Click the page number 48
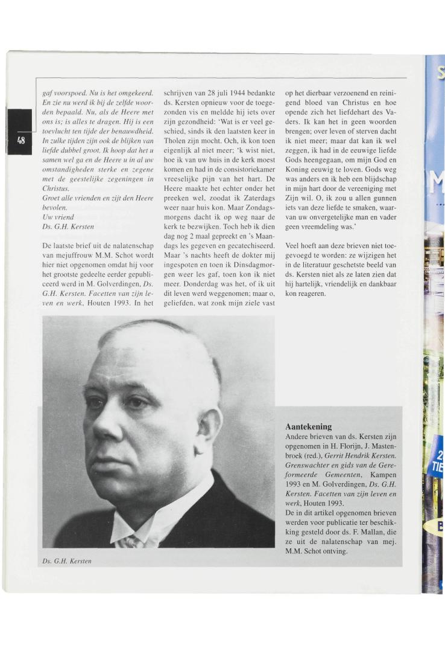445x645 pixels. click(x=21, y=140)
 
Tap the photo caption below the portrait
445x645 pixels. click(x=67, y=562)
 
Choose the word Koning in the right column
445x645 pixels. click(x=298, y=170)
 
